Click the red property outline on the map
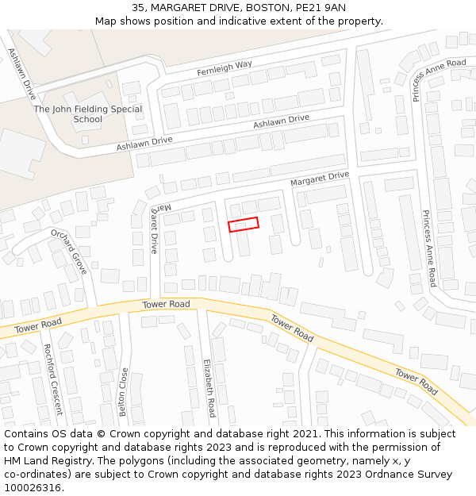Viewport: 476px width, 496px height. pyautogui.click(x=244, y=225)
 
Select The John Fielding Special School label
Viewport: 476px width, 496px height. pyautogui.click(x=88, y=114)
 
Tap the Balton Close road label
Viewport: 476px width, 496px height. pyautogui.click(x=124, y=391)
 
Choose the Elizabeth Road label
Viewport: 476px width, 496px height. pyautogui.click(x=209, y=386)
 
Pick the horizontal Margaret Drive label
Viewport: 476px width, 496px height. pyautogui.click(x=319, y=179)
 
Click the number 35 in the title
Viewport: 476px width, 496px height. pyautogui.click(x=138, y=8)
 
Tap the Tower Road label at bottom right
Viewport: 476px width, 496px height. pyautogui.click(x=417, y=381)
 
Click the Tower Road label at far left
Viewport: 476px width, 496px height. pyautogui.click(x=38, y=325)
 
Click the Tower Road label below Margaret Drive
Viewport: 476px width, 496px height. pyautogui.click(x=167, y=305)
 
